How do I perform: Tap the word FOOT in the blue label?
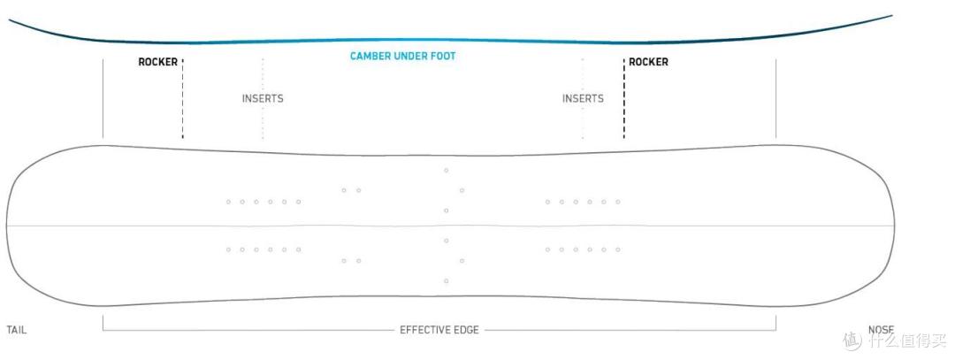tap(442, 57)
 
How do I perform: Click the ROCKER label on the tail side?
tap(158, 63)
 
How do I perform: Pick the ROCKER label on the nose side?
tap(648, 63)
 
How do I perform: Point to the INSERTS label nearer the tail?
tap(263, 99)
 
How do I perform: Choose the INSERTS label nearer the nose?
tap(583, 99)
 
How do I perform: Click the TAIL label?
tap(17, 330)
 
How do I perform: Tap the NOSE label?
tap(880, 330)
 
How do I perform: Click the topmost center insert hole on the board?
tap(447, 170)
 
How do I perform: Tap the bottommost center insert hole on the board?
tap(447, 281)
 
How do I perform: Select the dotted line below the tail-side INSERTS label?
tap(263, 123)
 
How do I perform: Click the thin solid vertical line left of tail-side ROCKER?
tap(103, 97)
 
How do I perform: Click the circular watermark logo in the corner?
tap(852, 340)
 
